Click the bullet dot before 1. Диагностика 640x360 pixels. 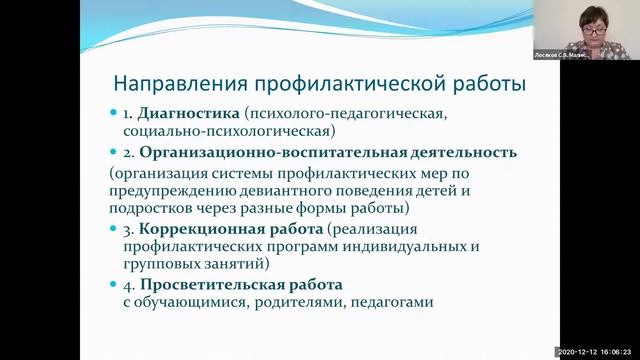coord(114,114)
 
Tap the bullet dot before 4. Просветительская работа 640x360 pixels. coord(114,286)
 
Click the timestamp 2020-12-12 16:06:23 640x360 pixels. coord(595,353)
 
